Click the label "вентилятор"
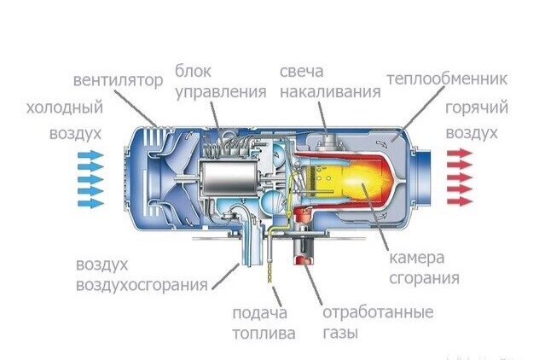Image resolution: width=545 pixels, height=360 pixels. (x=117, y=81)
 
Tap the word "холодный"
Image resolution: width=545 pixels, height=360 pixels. (x=65, y=108)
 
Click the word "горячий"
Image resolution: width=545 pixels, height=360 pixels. (x=477, y=108)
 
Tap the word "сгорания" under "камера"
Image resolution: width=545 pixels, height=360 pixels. (x=424, y=278)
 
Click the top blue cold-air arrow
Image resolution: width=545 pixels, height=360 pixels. (x=89, y=156)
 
